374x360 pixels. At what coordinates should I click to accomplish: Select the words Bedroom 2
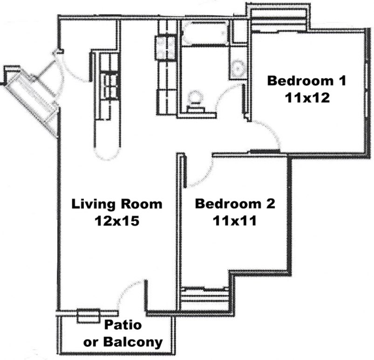[x=235, y=204]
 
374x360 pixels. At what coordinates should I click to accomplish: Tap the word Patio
[x=122, y=325]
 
